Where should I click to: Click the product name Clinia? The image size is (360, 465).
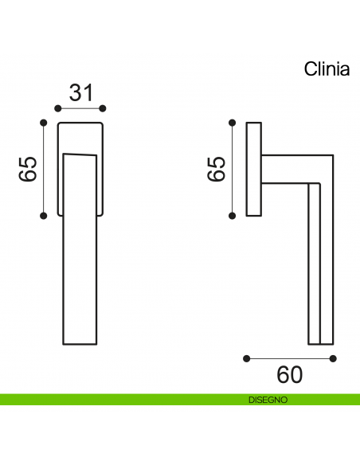pyautogui.click(x=327, y=69)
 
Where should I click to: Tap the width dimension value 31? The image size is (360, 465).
pyautogui.click(x=80, y=93)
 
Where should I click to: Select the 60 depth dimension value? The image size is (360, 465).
pyautogui.click(x=289, y=373)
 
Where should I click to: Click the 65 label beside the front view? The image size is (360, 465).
pyautogui.click(x=27, y=169)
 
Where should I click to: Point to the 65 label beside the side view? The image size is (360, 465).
pyautogui.click(x=216, y=169)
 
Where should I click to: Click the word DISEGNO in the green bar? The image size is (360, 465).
pyautogui.click(x=268, y=400)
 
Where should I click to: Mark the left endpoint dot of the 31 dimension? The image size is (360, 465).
pyautogui.click(x=57, y=107)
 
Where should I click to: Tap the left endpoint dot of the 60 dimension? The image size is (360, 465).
pyautogui.click(x=246, y=358)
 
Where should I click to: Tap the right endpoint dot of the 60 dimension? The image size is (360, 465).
pyautogui.click(x=333, y=358)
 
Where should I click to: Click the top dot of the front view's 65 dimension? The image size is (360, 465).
pyautogui.click(x=43, y=122)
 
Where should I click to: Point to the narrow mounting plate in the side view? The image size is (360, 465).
pyautogui.click(x=254, y=169)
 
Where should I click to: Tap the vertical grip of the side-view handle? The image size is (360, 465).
pyautogui.click(x=320, y=263)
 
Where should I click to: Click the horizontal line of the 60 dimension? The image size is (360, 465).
pyautogui.click(x=289, y=358)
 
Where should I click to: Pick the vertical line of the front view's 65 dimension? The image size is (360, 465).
pyautogui.click(x=43, y=169)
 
